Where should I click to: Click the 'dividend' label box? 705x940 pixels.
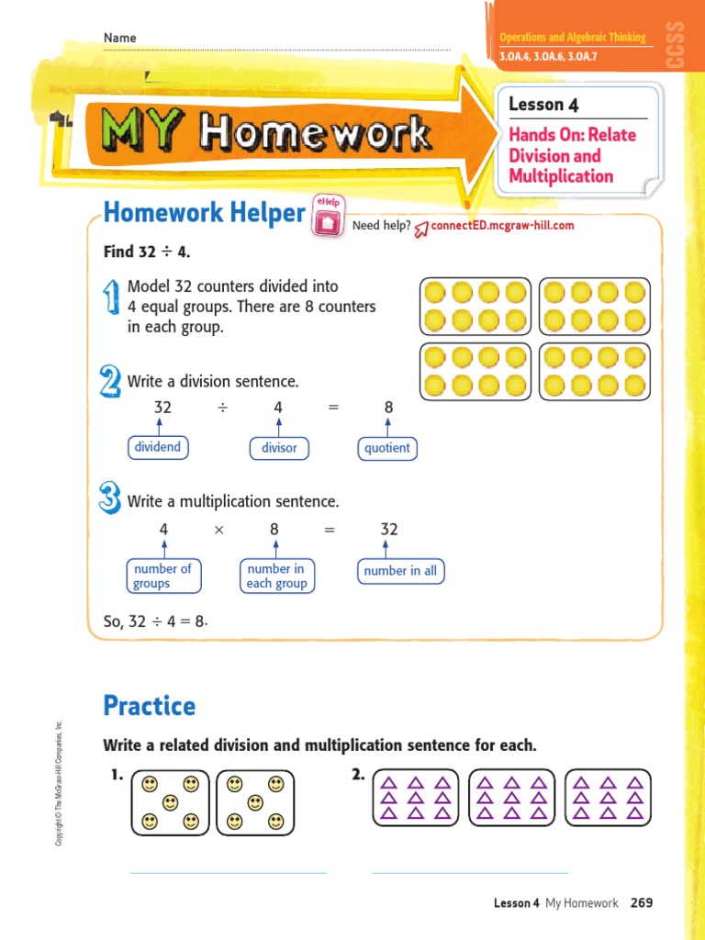[x=157, y=448]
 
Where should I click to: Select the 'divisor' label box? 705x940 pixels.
[x=279, y=448]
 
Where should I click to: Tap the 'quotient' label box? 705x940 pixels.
[x=386, y=448]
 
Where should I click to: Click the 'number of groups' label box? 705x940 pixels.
[x=162, y=576]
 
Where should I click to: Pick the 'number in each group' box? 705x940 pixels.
[x=276, y=576]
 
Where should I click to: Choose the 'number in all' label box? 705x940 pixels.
[x=400, y=571]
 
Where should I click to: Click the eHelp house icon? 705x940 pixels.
[x=328, y=221]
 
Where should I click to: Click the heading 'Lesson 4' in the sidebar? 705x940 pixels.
[x=543, y=105]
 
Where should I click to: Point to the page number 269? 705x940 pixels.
[x=642, y=903]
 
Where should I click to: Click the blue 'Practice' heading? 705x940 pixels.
[x=150, y=706]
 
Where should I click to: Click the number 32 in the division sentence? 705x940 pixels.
[x=162, y=407]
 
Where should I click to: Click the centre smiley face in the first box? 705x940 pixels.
[x=170, y=803]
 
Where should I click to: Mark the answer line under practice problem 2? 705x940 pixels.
[x=469, y=872]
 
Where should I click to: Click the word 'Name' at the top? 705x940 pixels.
[x=119, y=38]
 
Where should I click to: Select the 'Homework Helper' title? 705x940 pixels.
[x=204, y=213]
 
